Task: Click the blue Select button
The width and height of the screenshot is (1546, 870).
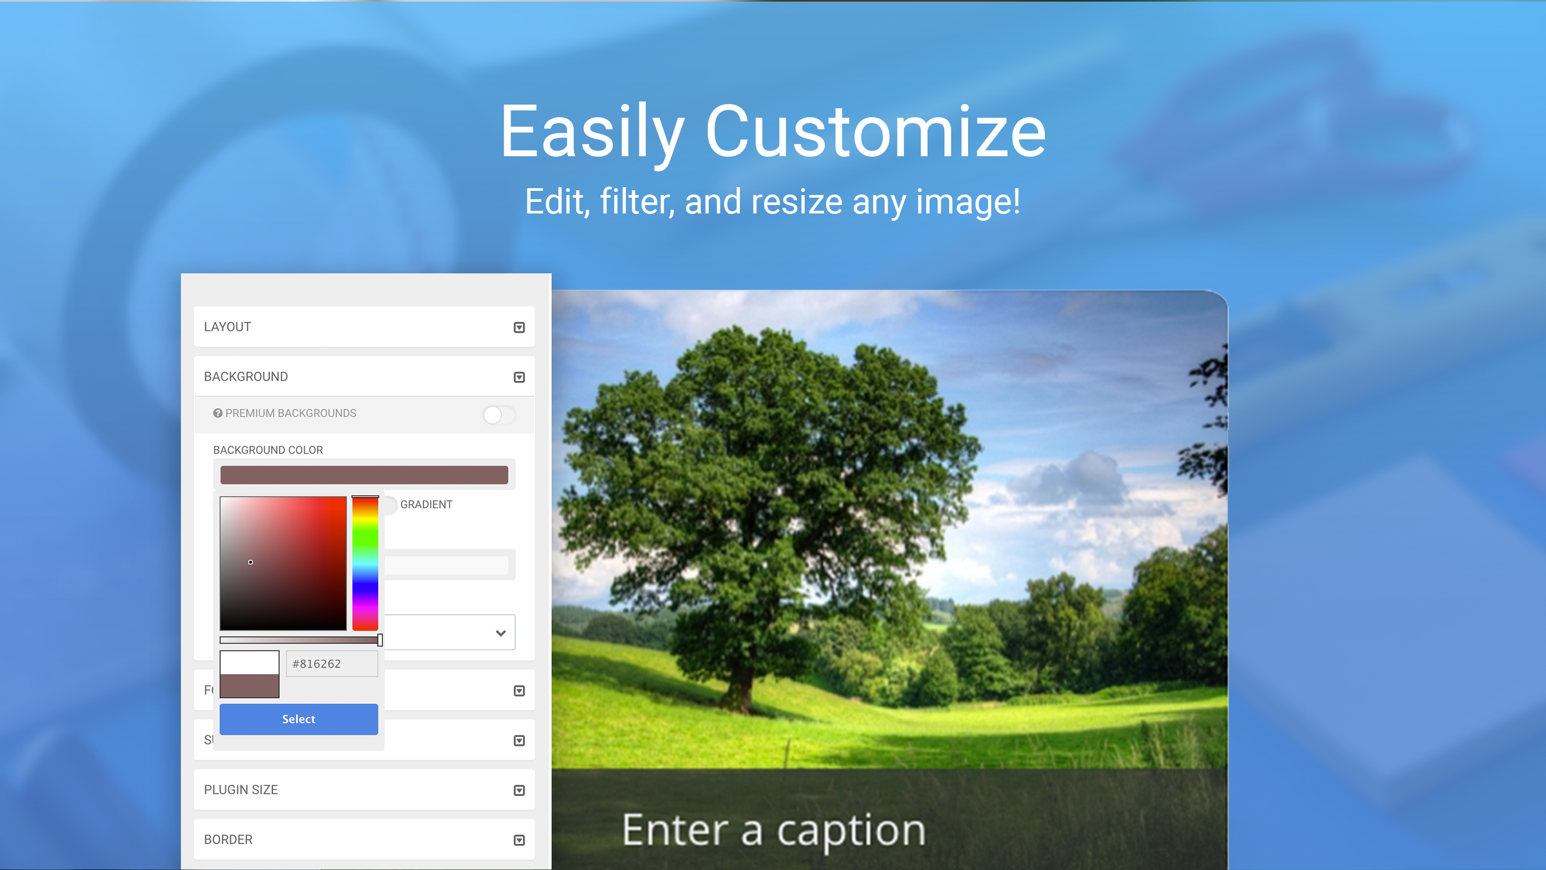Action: click(298, 719)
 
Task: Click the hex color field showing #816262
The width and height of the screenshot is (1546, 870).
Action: click(331, 663)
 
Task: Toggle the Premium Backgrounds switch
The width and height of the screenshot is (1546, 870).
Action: click(498, 415)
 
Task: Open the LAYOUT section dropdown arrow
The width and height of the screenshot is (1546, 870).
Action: click(519, 327)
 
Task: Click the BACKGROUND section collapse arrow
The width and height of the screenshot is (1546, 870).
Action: click(519, 377)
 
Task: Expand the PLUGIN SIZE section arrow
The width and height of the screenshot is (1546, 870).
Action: click(519, 790)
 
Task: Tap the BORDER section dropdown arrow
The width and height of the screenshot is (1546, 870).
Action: click(519, 840)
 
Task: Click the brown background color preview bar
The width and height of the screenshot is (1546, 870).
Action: click(364, 475)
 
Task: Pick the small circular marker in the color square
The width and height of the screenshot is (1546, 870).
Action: click(250, 562)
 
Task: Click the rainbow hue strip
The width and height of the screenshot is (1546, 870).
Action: click(365, 564)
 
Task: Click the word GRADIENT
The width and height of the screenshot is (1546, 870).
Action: click(426, 505)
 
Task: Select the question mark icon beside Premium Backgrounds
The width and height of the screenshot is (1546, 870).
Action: click(218, 413)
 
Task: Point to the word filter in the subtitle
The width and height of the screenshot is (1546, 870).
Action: click(637, 202)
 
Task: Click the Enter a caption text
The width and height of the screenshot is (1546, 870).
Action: click(774, 831)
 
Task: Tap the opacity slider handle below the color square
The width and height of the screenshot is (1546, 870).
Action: click(380, 640)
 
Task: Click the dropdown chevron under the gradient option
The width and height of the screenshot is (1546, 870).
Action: click(501, 633)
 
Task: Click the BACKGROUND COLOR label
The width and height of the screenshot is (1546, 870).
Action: click(268, 450)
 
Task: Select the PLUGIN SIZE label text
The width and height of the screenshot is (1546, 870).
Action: click(241, 790)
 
